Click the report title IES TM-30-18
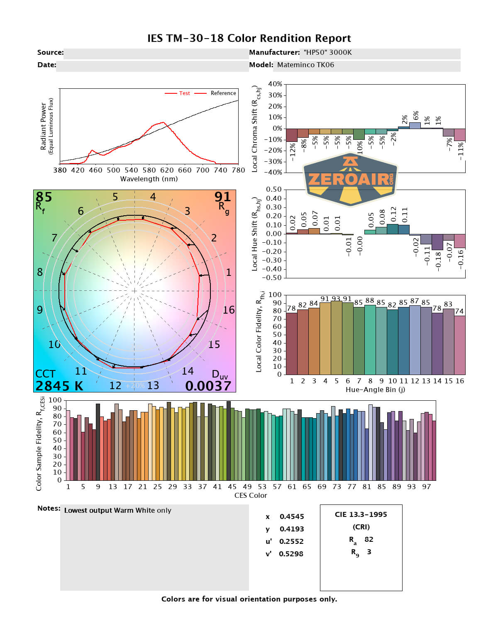click(249, 39)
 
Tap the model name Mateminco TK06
click(305, 65)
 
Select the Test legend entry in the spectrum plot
click(184, 93)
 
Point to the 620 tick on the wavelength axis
click(167, 170)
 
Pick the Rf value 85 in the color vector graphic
click(44, 197)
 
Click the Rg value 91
click(222, 197)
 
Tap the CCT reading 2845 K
click(59, 386)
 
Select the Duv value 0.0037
click(208, 386)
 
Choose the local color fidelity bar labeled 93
click(336, 338)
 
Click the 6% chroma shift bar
click(415, 125)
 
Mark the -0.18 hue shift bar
click(437, 242)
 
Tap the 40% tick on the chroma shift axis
click(275, 84)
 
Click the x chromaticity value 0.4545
click(292, 516)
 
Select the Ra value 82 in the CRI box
click(369, 539)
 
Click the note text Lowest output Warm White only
click(117, 510)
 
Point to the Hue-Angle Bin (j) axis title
click(375, 390)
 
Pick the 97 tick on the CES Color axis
click(426, 487)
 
